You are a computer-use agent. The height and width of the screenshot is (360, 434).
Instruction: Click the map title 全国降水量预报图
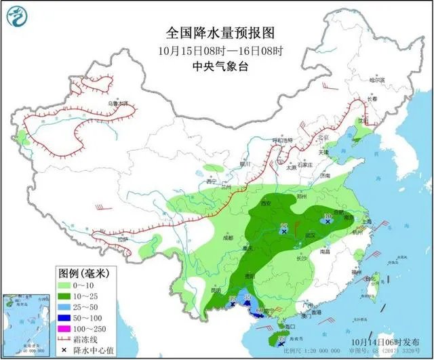tap(216, 33)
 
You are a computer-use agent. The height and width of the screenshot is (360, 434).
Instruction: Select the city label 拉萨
tap(122, 239)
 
